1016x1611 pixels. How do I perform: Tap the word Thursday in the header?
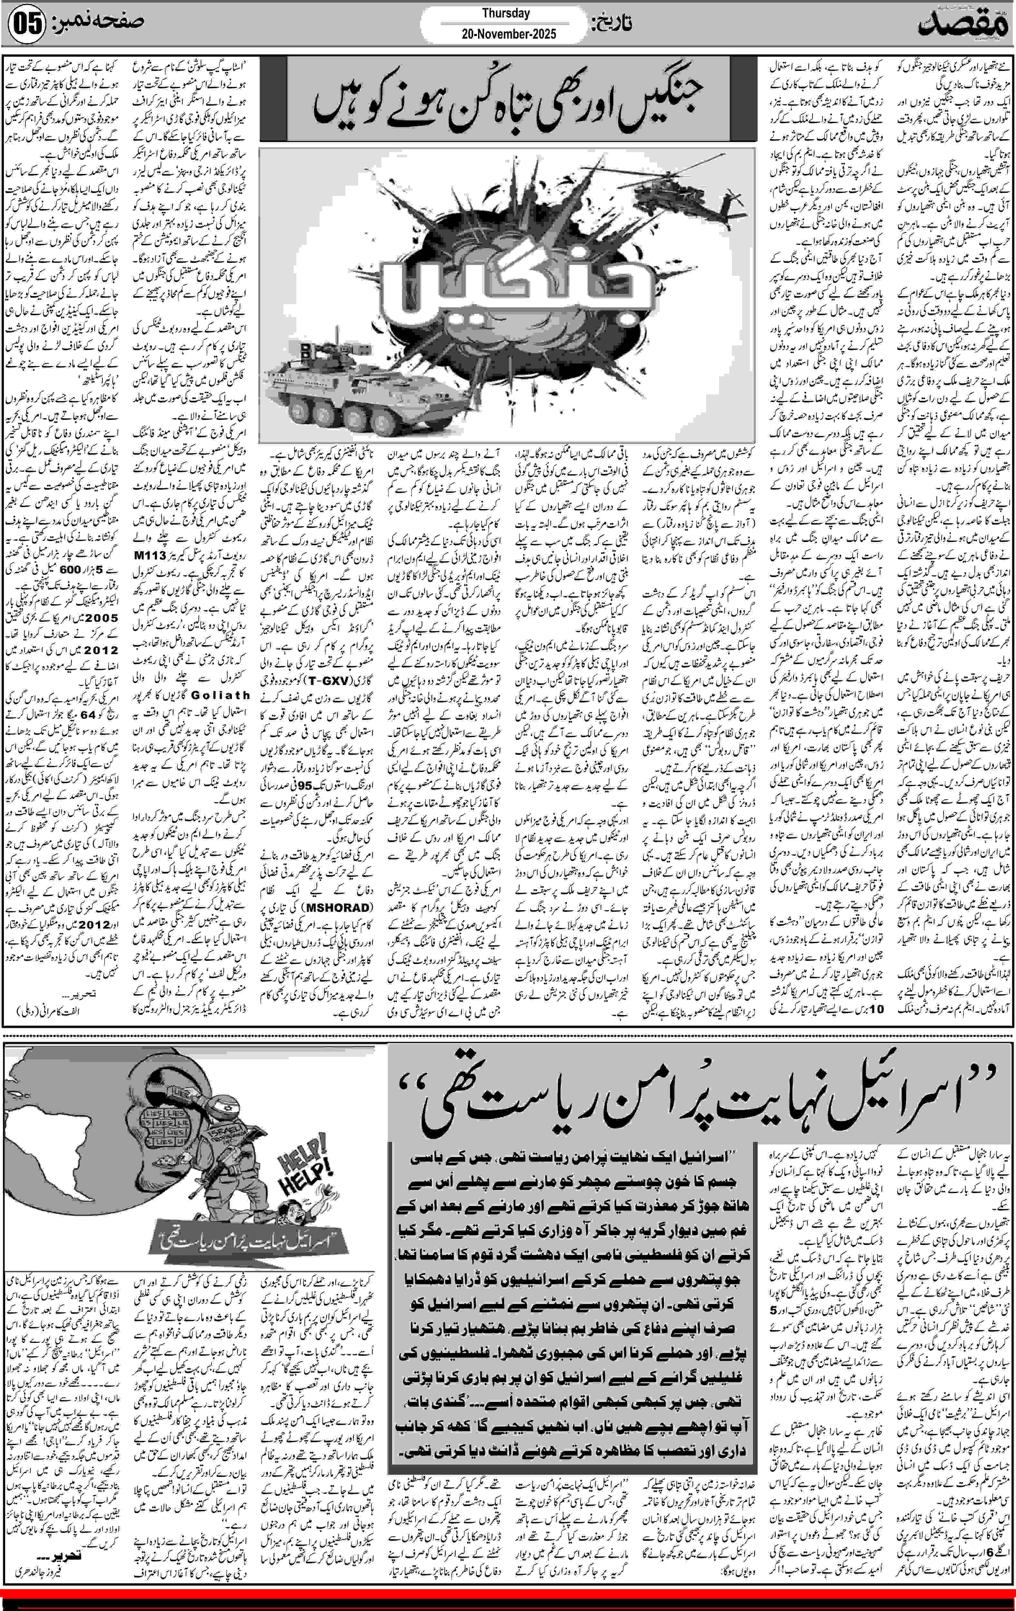pyautogui.click(x=506, y=13)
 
